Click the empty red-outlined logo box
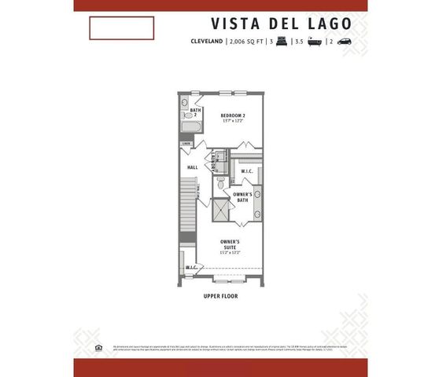(x=121, y=27)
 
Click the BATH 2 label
(x=184, y=112)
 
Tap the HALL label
(x=191, y=167)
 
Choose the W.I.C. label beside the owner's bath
(x=245, y=170)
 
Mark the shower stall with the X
(x=220, y=210)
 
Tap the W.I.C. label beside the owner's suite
(x=190, y=268)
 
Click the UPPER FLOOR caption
(x=220, y=296)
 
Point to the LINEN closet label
(x=186, y=144)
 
